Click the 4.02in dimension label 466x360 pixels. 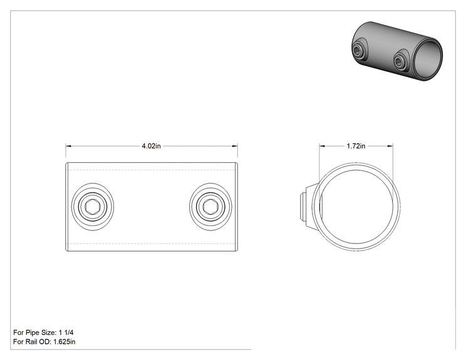click(151, 146)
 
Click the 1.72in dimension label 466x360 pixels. click(356, 146)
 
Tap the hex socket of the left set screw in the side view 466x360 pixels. click(93, 207)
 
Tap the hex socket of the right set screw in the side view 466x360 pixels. click(210, 207)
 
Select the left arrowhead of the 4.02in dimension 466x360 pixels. click(68, 146)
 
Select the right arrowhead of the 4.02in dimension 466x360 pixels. click(235, 146)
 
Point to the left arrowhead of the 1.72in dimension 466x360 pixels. click(322, 146)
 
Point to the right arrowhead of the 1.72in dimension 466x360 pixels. click(390, 146)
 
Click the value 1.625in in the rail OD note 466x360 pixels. click(64, 342)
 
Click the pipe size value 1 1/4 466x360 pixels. click(66, 332)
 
